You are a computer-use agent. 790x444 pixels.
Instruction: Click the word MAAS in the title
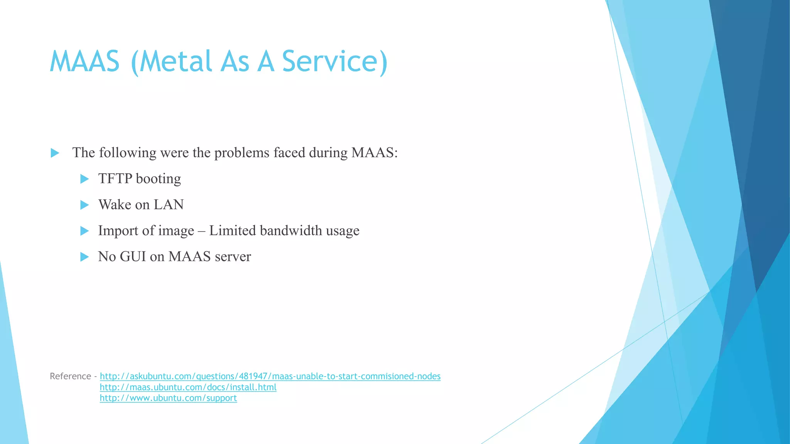(84, 62)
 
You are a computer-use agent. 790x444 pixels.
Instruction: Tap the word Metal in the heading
(176, 62)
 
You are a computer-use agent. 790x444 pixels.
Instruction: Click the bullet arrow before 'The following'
(55, 153)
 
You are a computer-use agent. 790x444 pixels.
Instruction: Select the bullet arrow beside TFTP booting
(84, 179)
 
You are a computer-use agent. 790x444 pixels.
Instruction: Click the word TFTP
(115, 179)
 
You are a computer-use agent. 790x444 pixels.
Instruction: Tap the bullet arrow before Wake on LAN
(84, 205)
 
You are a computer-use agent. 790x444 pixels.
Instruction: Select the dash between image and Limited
(201, 231)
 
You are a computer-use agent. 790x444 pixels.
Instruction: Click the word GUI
(133, 257)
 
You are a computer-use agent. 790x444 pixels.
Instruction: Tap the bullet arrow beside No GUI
(84, 257)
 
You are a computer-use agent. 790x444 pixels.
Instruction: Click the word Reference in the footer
(70, 376)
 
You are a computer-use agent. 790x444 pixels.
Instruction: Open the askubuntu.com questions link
(270, 376)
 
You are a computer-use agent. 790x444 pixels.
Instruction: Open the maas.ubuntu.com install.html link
(188, 387)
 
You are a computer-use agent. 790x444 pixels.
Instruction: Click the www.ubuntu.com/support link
(168, 398)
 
